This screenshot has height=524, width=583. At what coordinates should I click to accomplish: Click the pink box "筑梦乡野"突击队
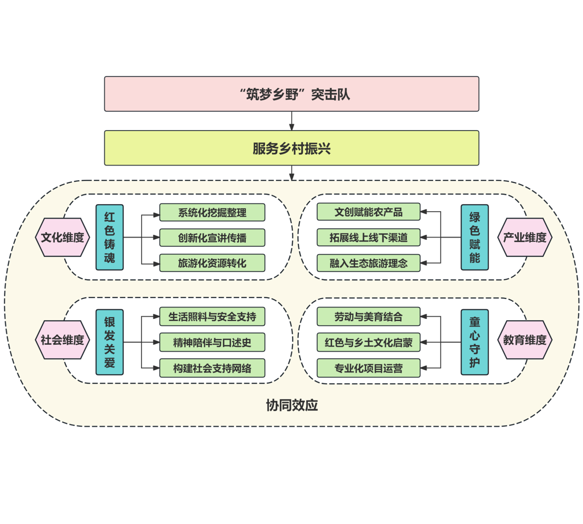pos(291,94)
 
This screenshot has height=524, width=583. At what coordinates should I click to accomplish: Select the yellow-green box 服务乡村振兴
pos(291,148)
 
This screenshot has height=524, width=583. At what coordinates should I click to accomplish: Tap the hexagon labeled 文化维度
pos(62,237)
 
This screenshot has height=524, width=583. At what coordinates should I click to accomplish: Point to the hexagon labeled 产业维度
pos(524,237)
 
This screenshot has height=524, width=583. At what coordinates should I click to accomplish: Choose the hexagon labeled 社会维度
pos(62,340)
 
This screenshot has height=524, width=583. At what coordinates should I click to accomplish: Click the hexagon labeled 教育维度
pos(524,340)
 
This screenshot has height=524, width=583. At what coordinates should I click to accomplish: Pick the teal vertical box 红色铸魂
pos(109,237)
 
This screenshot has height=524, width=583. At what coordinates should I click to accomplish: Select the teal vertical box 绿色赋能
pos(474,237)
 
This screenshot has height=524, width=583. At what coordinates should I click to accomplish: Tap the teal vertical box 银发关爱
pos(109,342)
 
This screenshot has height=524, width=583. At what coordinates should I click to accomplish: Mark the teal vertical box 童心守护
pos(474,342)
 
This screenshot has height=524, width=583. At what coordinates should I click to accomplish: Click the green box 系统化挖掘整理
pos(212,212)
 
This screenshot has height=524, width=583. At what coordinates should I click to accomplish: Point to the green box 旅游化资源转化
pos(212,263)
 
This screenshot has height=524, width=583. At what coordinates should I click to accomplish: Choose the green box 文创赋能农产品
pos(369,212)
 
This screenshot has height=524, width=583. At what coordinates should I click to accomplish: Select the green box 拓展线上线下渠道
pos(369,237)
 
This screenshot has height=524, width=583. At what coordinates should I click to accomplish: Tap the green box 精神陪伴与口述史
pos(212,343)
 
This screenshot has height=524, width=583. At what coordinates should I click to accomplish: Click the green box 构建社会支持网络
pos(212,368)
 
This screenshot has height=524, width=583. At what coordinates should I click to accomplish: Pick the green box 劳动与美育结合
pos(369,317)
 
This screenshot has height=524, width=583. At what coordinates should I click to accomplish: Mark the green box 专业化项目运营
pos(369,368)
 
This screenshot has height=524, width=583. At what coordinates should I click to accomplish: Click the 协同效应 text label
pos(291,405)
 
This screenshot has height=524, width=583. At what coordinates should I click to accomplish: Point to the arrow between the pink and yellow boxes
pos(291,121)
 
